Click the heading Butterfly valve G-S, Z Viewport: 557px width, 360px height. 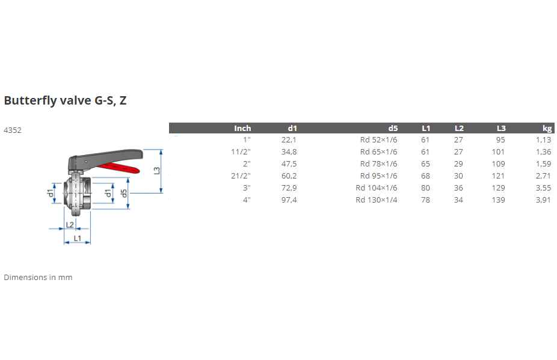[x=65, y=100]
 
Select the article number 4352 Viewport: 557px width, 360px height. [x=13, y=130]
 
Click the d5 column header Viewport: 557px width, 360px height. [x=393, y=128]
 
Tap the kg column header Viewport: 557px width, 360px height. [x=547, y=128]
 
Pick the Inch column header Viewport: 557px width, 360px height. [x=242, y=128]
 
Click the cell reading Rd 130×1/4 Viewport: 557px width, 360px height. [x=376, y=200]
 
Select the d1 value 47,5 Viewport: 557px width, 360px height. [x=289, y=163]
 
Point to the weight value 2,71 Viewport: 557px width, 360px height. [x=544, y=175]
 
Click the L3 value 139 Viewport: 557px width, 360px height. [x=499, y=200]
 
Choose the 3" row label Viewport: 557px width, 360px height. [x=247, y=188]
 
